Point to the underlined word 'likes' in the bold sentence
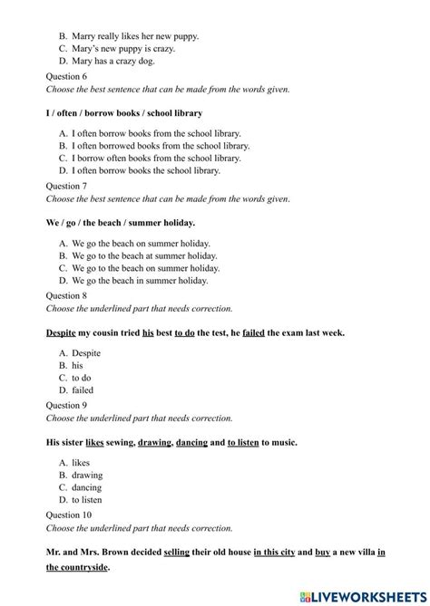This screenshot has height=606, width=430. [x=95, y=442]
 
